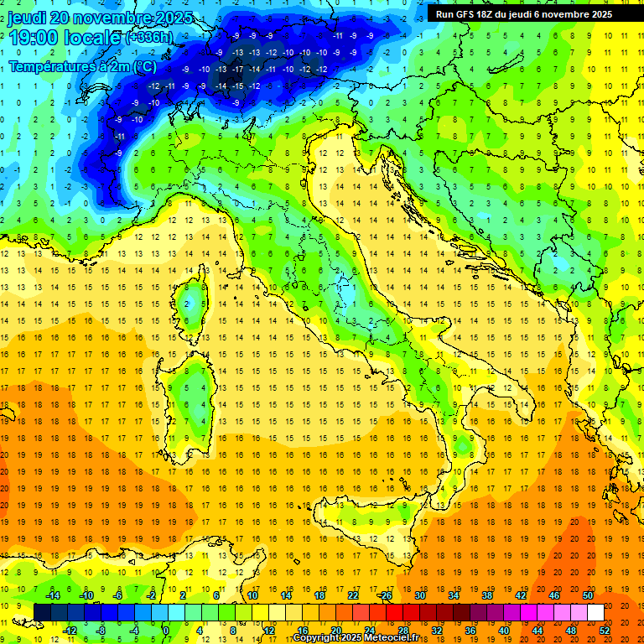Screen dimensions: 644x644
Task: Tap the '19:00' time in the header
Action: [33, 38]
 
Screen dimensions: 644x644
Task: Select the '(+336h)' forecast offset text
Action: [149, 38]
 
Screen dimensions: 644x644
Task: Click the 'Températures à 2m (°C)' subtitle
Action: [82, 66]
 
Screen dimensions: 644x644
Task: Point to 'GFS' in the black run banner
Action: [470, 14]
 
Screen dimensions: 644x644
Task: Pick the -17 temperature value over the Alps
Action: [237, 69]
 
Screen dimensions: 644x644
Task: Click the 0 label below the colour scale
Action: [166, 631]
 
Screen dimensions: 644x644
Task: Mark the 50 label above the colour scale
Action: [587, 595]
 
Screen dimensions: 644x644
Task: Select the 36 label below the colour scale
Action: [470, 631]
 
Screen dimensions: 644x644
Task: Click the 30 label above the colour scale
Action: [419, 595]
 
